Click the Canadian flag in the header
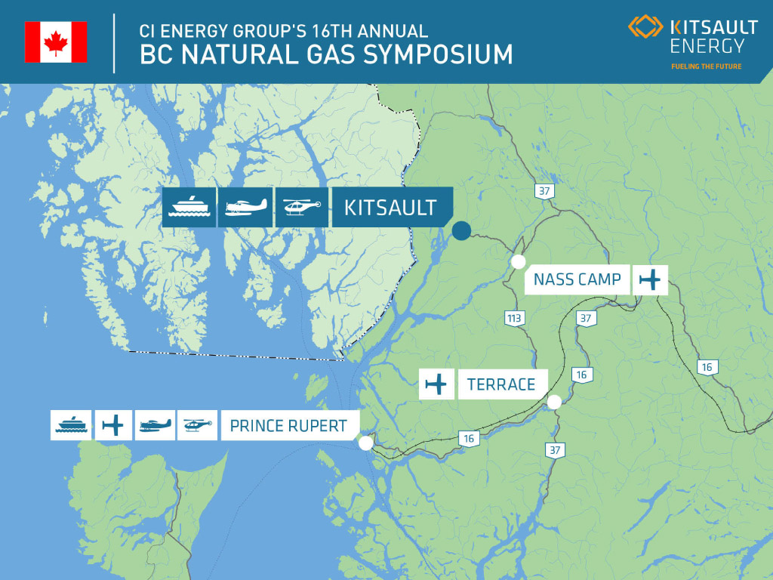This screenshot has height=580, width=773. (56, 42)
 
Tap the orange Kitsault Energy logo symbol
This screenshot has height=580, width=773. (645, 26)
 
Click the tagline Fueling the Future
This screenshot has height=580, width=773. (706, 66)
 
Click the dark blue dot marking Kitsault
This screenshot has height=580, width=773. (461, 230)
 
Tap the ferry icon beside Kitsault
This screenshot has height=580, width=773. (189, 207)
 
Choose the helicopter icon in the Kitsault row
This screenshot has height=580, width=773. (302, 207)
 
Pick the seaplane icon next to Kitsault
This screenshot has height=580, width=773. (245, 207)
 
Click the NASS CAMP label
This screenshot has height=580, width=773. (577, 279)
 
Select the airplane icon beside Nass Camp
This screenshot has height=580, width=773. (650, 279)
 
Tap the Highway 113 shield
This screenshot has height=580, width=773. (514, 318)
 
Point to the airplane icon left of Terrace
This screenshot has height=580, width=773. (436, 384)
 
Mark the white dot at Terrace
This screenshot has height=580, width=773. (554, 403)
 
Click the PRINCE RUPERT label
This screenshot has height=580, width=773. (290, 425)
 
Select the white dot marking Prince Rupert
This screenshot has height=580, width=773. (365, 443)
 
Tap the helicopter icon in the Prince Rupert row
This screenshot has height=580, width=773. (197, 425)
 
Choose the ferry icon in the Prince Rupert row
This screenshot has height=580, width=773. (71, 425)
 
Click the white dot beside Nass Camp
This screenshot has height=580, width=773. (518, 262)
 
